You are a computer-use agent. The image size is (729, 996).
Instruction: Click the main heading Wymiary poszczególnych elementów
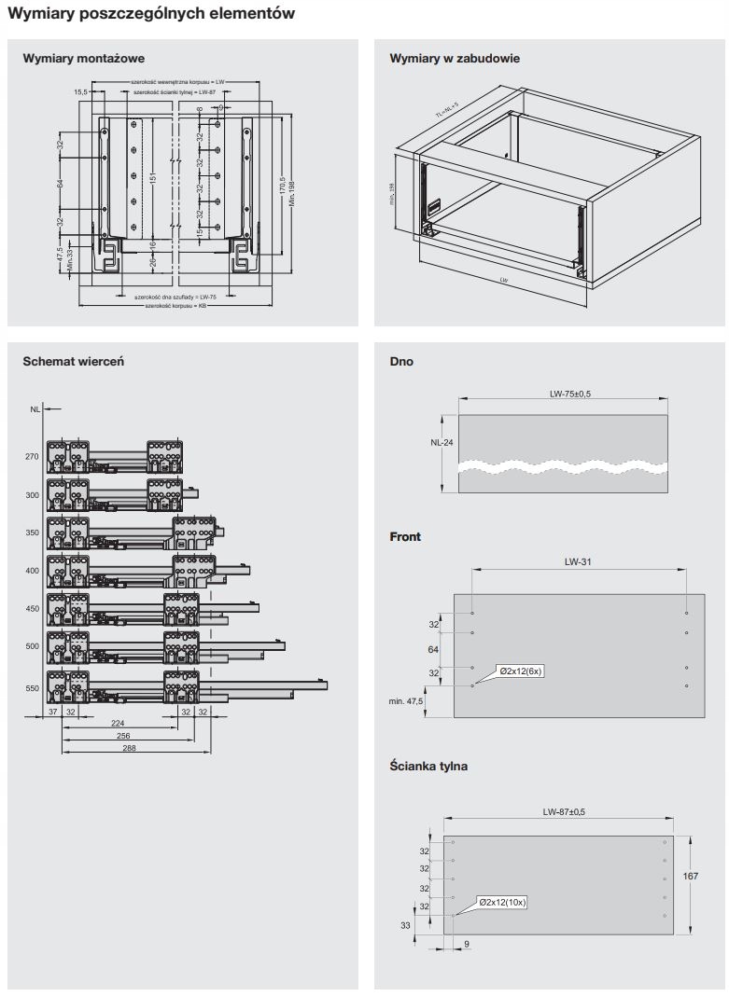point(151,14)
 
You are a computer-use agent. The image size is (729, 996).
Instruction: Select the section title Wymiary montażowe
point(83,59)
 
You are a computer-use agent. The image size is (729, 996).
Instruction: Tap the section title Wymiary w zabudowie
point(455,59)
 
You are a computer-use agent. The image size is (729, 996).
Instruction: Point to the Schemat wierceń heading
point(73,361)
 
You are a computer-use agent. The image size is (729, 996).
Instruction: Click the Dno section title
point(401,361)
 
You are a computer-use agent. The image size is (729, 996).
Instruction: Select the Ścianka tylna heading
point(428,767)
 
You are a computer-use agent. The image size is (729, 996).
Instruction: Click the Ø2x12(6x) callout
point(521,671)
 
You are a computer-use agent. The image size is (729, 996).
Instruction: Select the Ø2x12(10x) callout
point(502,902)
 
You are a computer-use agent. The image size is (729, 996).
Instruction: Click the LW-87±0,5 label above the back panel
point(564,812)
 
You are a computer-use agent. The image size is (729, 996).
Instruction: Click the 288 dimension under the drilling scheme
point(130,749)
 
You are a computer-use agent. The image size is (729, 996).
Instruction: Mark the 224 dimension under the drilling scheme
point(118,723)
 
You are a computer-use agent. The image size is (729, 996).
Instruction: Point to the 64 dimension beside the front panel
point(433,648)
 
